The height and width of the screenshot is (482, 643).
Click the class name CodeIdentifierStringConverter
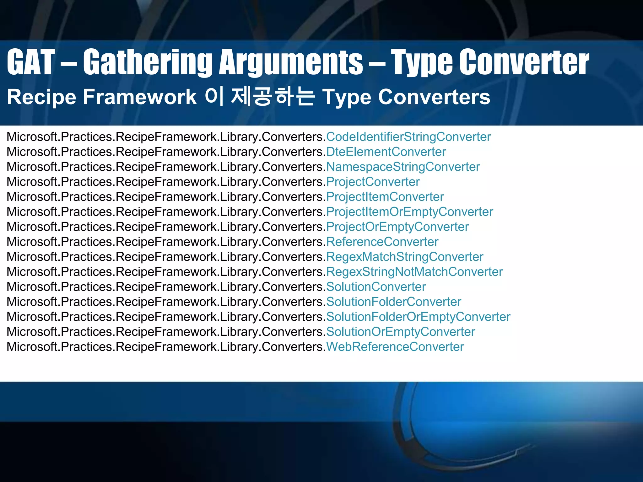pos(408,137)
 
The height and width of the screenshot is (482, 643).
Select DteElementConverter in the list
pos(386,152)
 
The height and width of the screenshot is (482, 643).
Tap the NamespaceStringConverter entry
pos(403,167)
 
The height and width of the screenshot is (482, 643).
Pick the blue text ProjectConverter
pos(373,182)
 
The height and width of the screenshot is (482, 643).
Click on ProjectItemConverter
pos(385,197)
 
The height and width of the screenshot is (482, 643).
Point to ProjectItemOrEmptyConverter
pos(410,212)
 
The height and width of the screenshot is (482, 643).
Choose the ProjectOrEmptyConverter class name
pos(397,227)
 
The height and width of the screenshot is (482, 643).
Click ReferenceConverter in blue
pos(382,242)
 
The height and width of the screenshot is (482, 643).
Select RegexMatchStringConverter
pos(405,257)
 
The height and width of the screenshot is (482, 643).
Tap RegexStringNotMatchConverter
pos(414,272)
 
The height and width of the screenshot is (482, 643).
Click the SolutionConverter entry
pos(376,287)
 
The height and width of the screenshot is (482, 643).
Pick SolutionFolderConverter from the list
pos(394,302)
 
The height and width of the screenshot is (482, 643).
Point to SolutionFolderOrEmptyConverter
pos(418,317)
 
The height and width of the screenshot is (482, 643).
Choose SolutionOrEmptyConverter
pos(401,332)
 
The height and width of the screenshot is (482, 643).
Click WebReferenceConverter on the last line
pos(395,347)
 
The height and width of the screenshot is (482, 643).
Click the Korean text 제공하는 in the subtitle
pos(273,97)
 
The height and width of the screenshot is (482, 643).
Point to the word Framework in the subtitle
pos(139,97)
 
